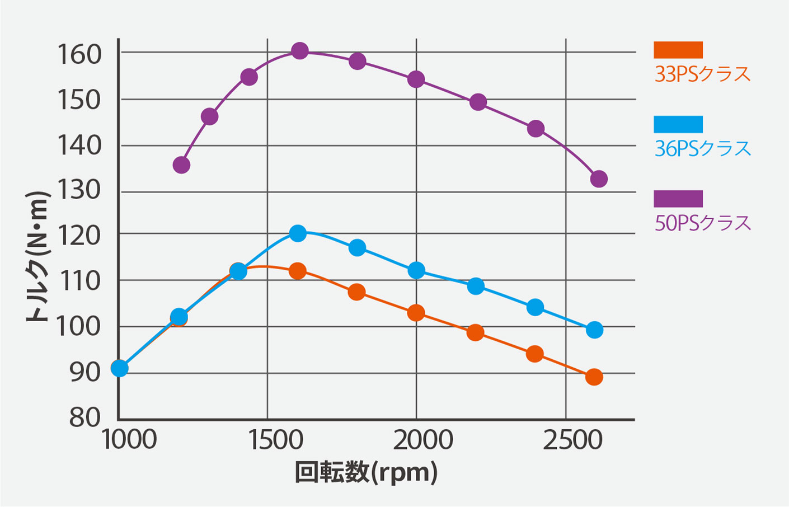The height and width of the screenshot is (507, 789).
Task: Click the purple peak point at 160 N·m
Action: [300, 51]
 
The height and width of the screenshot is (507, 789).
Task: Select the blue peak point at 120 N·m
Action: [298, 233]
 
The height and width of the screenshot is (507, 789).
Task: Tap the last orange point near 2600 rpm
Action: [594, 377]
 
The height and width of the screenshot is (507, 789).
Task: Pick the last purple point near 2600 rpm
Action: [599, 179]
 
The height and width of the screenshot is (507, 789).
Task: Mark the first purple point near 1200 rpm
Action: [181, 165]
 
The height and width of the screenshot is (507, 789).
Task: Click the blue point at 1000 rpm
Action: [119, 368]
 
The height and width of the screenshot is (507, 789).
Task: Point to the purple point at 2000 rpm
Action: [416, 79]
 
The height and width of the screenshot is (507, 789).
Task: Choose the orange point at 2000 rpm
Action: [416, 313]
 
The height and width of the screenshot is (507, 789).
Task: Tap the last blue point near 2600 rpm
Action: [595, 330]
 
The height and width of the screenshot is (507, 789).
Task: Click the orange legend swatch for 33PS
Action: [678, 50]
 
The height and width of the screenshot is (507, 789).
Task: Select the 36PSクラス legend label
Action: [702, 149]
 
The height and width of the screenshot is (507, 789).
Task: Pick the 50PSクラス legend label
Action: [702, 223]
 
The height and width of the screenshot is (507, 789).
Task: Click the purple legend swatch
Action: [678, 199]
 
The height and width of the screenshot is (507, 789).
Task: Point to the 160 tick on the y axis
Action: [79, 54]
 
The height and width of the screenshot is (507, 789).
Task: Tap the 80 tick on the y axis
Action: [85, 417]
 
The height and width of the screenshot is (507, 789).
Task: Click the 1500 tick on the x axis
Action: [275, 440]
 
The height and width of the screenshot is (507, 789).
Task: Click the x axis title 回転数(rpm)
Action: [366, 473]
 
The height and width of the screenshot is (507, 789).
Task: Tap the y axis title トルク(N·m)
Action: [37, 257]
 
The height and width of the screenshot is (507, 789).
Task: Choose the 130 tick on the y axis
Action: [79, 190]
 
